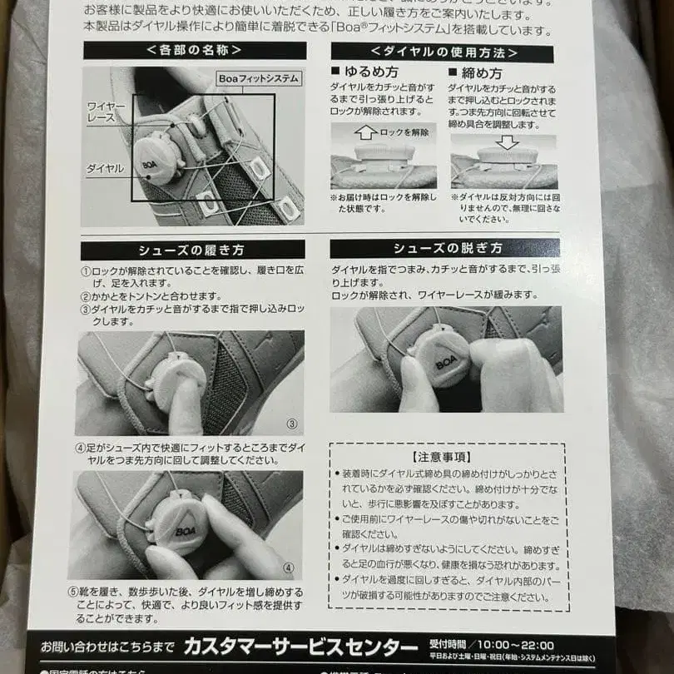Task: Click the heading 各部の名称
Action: pyautogui.click(x=194, y=50)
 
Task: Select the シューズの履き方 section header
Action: pyautogui.click(x=192, y=250)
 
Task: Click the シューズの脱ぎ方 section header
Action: pyautogui.click(x=444, y=248)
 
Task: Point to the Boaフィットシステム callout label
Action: pyautogui.click(x=258, y=78)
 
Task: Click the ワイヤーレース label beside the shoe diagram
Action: pyautogui.click(x=106, y=112)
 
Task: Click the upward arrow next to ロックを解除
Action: pyautogui.click(x=365, y=131)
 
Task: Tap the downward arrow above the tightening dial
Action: pyautogui.click(x=507, y=142)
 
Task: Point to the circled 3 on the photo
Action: pyautogui.click(x=291, y=424)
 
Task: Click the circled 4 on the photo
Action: pyautogui.click(x=288, y=569)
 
